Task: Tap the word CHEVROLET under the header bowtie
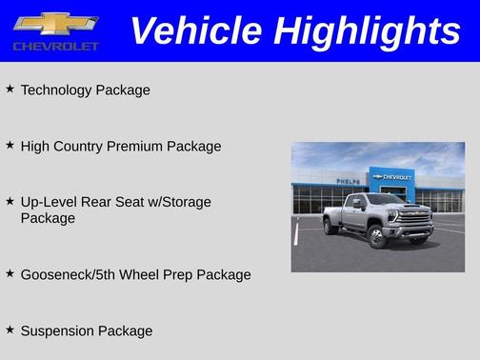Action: (x=56, y=46)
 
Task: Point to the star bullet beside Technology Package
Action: (x=10, y=89)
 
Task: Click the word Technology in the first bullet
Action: (x=56, y=90)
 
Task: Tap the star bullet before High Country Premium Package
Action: (x=10, y=145)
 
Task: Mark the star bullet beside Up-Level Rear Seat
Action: (x=10, y=201)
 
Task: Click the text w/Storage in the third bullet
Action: (x=180, y=202)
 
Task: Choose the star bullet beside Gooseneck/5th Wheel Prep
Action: (x=10, y=273)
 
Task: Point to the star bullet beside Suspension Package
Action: (x=10, y=330)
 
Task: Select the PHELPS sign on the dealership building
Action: (x=349, y=181)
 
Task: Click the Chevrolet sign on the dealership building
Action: (x=392, y=177)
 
